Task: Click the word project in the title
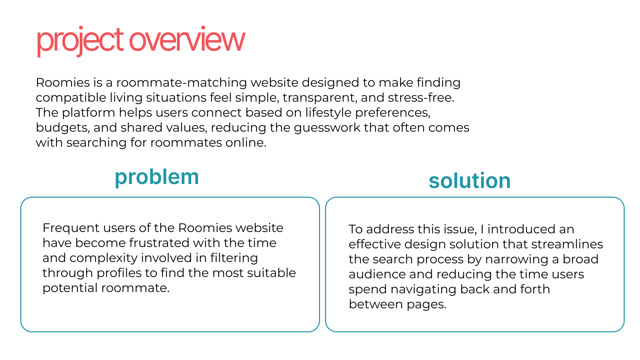point(80,41)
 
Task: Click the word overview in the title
point(187,41)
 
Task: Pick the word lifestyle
point(328,113)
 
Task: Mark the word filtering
point(234,258)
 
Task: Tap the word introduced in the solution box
point(521,229)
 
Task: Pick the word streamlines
point(567,244)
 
